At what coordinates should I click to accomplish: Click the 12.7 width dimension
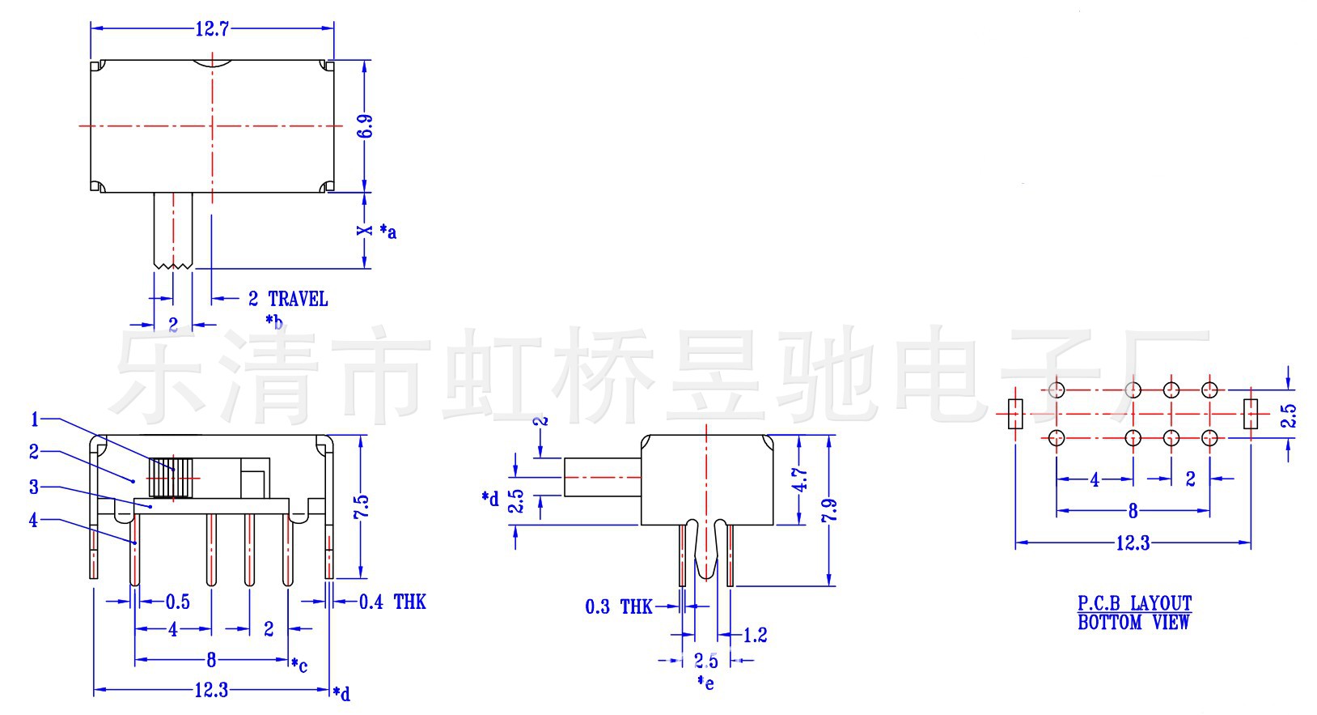click(x=212, y=29)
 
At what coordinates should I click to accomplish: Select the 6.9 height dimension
click(x=366, y=126)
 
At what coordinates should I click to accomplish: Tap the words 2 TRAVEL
click(x=288, y=300)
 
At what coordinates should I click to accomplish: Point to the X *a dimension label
click(x=376, y=231)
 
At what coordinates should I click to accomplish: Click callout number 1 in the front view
click(x=35, y=419)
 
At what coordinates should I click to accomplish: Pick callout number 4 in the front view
click(x=33, y=521)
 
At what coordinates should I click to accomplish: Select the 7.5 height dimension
click(x=362, y=508)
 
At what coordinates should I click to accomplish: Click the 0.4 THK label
click(x=392, y=602)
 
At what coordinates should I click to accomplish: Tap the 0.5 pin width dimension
click(x=178, y=602)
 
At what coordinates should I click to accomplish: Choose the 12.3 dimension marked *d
click(x=212, y=691)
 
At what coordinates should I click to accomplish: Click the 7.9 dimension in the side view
click(x=829, y=510)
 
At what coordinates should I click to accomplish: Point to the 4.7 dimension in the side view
click(x=799, y=480)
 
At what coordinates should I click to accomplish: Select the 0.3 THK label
click(x=619, y=606)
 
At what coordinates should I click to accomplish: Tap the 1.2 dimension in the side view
click(x=755, y=636)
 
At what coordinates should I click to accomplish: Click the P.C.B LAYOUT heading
click(x=1134, y=603)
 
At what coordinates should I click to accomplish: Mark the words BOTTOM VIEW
click(x=1134, y=623)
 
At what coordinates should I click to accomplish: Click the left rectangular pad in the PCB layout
click(x=1015, y=414)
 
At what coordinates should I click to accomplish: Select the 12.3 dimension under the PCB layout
click(x=1133, y=543)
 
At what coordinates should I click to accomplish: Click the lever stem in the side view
click(x=603, y=477)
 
